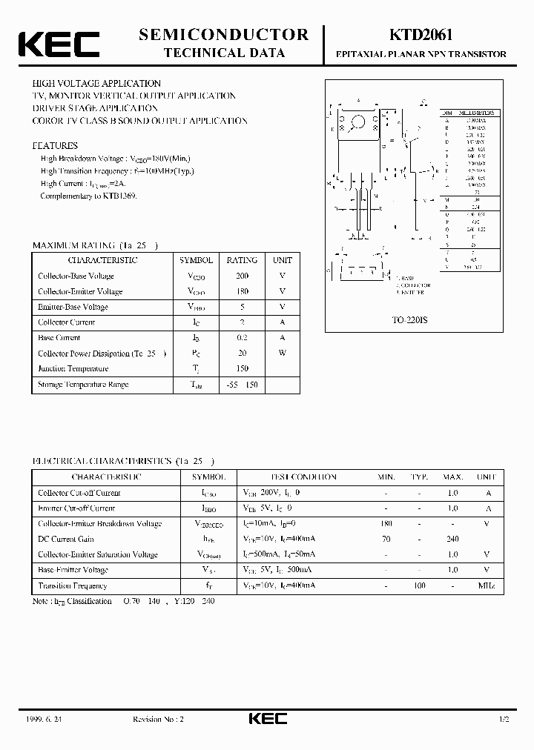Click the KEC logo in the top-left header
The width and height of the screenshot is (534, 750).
coord(59,44)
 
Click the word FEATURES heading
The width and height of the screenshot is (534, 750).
coord(55,146)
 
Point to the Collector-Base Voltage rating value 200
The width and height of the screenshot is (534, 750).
coord(242,276)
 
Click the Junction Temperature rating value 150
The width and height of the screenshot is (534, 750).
coord(242,368)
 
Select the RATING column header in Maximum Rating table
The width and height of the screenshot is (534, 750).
coord(242,260)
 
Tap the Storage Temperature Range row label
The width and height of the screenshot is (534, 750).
coord(83,385)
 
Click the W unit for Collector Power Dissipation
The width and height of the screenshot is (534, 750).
coord(283,353)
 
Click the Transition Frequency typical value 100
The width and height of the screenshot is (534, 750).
coord(419,585)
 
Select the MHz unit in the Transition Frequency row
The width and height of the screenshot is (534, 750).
coord(486,585)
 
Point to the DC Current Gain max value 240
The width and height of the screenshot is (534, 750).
coord(452,539)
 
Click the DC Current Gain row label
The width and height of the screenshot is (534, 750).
coord(66,539)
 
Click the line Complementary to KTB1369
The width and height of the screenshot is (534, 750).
coord(89,196)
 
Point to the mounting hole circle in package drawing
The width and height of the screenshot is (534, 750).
coord(359,122)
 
